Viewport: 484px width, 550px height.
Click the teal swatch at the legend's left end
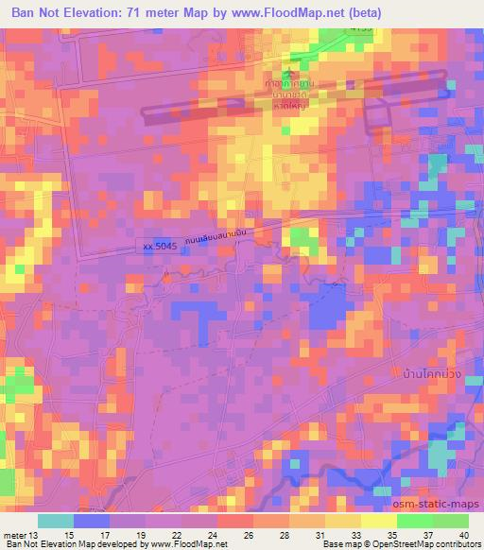coord(56,520)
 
